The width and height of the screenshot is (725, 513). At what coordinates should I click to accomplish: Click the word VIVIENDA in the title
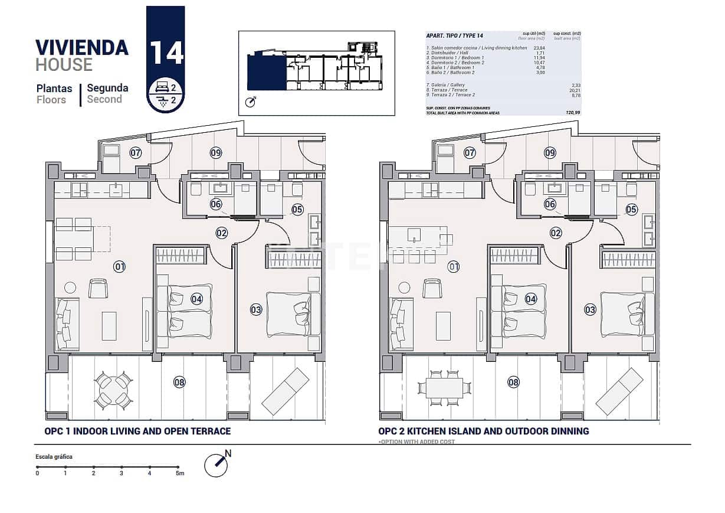point(82,47)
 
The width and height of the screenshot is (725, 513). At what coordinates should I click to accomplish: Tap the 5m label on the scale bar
point(180,473)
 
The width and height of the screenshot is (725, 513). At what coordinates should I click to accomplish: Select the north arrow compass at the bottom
point(216,465)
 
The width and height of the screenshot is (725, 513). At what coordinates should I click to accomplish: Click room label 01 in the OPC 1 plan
point(120,267)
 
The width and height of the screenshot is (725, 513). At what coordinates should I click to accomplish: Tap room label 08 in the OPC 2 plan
point(514,383)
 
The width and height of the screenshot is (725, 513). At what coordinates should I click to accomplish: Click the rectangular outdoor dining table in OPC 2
point(444,388)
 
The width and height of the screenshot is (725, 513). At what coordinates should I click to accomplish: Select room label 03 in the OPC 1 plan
point(255,309)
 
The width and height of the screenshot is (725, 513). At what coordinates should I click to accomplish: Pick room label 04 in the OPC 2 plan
point(531,299)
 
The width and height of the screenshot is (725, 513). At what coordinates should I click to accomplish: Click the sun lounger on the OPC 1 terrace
point(286,391)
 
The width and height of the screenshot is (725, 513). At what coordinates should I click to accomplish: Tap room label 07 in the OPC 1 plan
point(136,153)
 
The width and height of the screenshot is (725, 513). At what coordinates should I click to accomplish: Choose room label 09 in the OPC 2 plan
point(550,153)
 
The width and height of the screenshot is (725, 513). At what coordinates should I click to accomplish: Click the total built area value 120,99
point(572,112)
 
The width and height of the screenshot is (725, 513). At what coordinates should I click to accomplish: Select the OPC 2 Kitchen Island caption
point(483,431)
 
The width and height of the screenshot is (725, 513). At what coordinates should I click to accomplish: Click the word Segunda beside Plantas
point(107,88)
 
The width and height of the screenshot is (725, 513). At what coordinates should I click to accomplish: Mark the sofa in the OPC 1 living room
point(66,324)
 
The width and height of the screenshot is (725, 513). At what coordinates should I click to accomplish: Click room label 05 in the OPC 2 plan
point(631,209)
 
